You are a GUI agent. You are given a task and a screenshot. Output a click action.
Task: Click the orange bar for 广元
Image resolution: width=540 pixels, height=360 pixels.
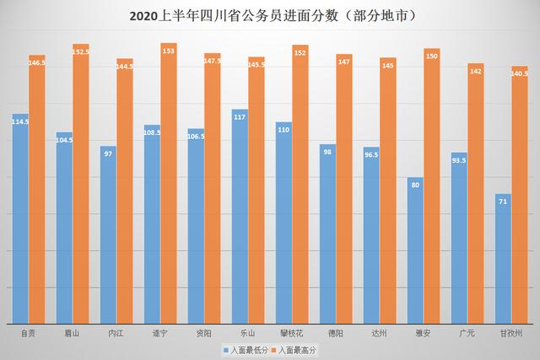(x=476, y=193)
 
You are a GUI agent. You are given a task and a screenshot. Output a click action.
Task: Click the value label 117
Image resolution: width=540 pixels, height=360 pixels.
(x=240, y=117)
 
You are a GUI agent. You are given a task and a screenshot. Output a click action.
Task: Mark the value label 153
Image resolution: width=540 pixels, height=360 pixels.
(x=169, y=51)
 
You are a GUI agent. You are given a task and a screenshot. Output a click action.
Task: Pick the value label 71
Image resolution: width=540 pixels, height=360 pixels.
(x=503, y=202)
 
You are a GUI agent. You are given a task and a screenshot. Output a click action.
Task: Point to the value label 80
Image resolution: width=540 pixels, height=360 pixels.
(x=415, y=185)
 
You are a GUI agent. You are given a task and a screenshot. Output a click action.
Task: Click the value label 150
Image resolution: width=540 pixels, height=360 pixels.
(x=432, y=56)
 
